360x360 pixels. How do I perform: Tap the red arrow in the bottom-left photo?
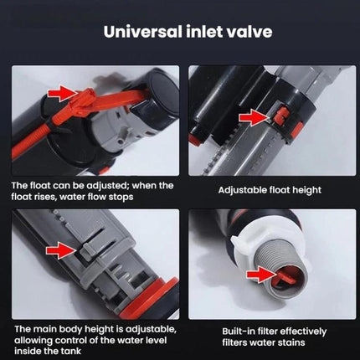[60, 249]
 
